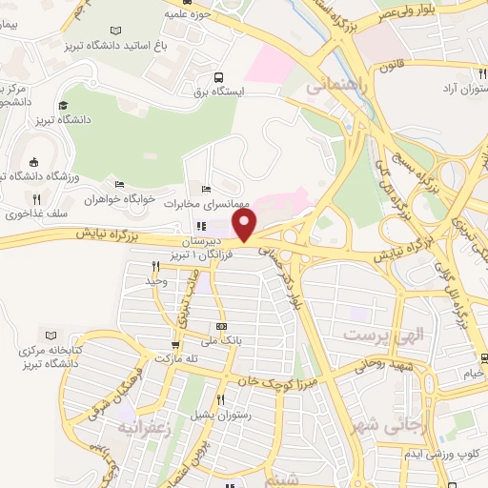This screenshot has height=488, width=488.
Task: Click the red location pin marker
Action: coord(245,225)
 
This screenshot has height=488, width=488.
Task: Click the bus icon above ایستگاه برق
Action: coord(220,77)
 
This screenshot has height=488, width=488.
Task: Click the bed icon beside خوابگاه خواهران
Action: coord(119,184)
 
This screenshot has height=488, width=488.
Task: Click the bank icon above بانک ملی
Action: coord(221,326)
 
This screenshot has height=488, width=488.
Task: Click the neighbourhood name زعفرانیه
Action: coord(142,427)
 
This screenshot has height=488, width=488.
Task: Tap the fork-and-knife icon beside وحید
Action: coord(153,268)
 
